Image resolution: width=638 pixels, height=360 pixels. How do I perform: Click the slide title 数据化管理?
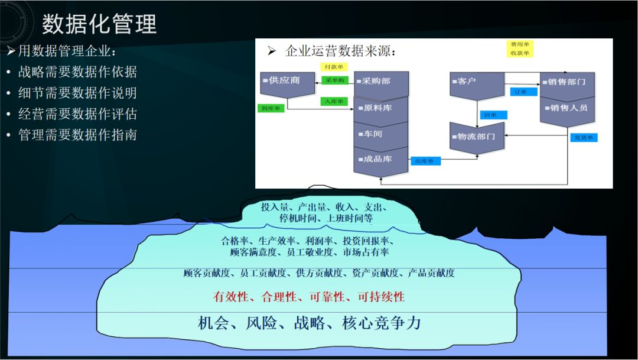99,24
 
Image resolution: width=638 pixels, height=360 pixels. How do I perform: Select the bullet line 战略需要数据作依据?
77,72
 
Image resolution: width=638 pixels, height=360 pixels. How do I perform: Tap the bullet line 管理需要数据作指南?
77,135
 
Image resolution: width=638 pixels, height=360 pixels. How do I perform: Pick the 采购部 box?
381,82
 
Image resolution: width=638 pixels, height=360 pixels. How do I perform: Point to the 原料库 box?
381,108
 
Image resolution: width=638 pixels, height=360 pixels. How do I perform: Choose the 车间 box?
381,134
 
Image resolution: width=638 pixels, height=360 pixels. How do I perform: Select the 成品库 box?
381,159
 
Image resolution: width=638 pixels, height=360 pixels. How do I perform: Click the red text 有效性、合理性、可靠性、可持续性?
309,297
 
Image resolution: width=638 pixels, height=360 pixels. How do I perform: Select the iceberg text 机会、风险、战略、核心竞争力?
310,323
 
